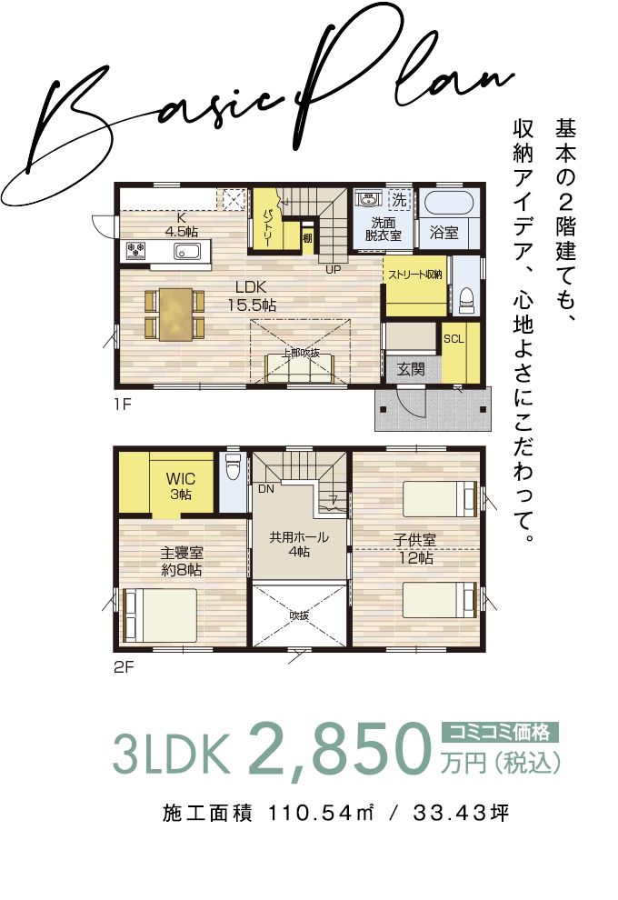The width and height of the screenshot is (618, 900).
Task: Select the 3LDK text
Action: pos(168,752)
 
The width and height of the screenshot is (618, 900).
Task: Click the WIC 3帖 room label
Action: pos(179,486)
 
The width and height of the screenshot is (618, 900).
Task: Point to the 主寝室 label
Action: pos(181,553)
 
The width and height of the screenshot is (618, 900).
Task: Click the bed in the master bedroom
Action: pos(160,615)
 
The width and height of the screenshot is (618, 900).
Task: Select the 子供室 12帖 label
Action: pos(414,548)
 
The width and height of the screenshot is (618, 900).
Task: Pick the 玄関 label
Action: pos(411,368)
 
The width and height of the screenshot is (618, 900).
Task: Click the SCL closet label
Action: pos(454,339)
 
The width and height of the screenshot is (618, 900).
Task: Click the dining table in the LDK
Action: pos(175,314)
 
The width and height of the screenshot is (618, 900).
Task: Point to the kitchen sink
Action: pos(187,251)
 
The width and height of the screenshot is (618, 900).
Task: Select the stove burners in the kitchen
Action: pos(137,251)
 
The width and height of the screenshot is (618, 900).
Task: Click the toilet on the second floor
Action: pos(232,468)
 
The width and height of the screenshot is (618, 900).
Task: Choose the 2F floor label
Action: pos(125,666)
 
